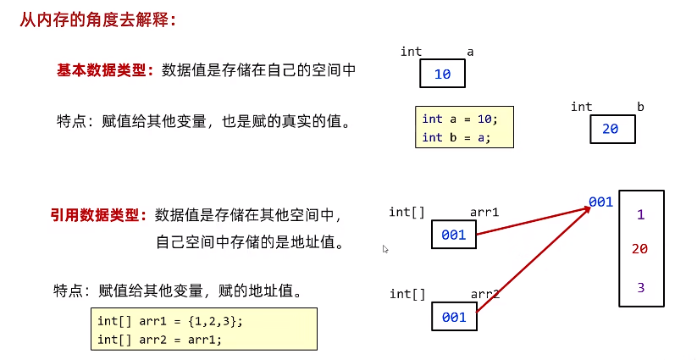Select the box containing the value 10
pyautogui.click(x=443, y=75)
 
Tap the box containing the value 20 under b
pyautogui.click(x=611, y=129)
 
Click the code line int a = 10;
pyautogui.click(x=461, y=119)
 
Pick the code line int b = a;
pyautogui.click(x=456, y=137)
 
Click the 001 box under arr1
pyautogui.click(x=454, y=235)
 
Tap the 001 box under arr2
pyautogui.click(x=454, y=317)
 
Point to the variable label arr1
pyautogui.click(x=484, y=212)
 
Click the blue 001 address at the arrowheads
pyautogui.click(x=600, y=202)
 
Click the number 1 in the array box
pyautogui.click(x=640, y=215)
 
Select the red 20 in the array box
pyautogui.click(x=640, y=249)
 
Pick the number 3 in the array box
pyautogui.click(x=640, y=288)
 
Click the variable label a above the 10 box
pyautogui.click(x=470, y=52)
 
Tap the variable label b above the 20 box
pyautogui.click(x=640, y=107)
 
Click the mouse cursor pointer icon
pyautogui.click(x=385, y=249)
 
